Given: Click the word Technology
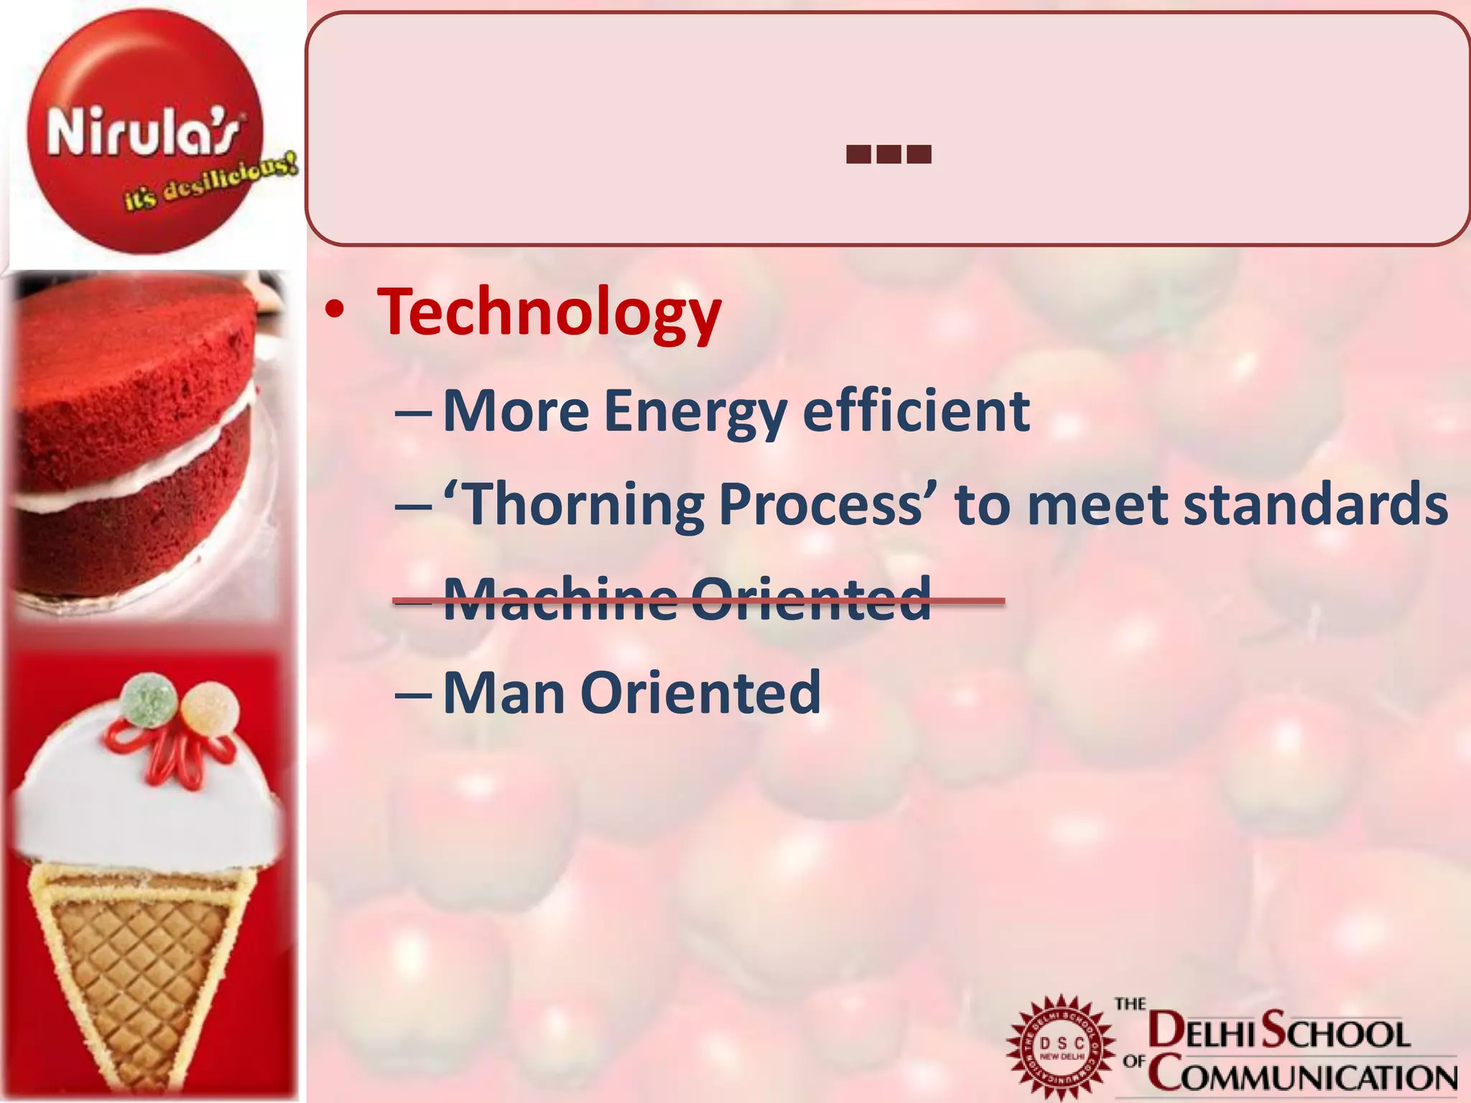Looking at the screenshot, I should click(549, 313).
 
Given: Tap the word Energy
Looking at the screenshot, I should click(695, 411).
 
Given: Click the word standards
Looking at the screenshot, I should click(1315, 504).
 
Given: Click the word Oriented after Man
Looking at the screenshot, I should click(700, 693).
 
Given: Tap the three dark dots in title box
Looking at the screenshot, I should click(888, 154).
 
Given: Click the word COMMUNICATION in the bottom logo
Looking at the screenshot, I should click(1301, 1077).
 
